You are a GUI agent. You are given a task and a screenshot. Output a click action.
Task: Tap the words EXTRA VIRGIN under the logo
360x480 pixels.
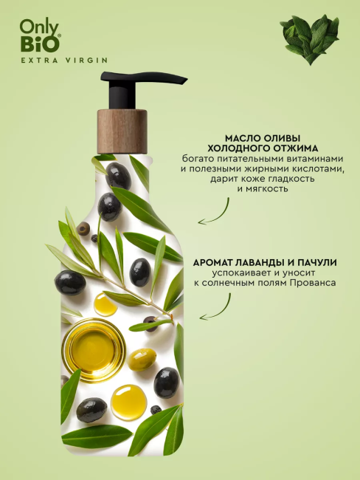click(64, 61)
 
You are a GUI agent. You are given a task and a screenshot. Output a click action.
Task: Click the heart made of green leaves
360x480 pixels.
click(310, 39)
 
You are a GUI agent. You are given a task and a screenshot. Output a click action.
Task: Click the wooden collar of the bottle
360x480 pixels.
click(122, 131)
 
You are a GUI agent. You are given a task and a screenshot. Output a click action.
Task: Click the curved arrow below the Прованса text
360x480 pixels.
click(215, 307)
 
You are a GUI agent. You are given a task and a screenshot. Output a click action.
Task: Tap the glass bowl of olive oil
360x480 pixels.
click(94, 351)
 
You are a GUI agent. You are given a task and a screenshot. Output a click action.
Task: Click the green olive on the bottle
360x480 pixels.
click(142, 360)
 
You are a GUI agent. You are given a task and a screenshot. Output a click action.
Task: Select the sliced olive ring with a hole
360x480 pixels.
click(83, 227)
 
